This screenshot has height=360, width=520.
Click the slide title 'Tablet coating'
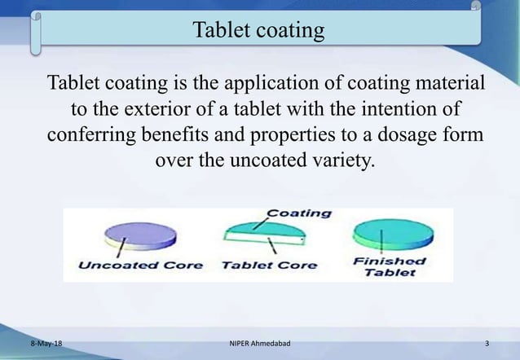258,31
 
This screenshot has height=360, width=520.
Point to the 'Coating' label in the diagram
299,213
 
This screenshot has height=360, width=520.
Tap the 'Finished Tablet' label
390,266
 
